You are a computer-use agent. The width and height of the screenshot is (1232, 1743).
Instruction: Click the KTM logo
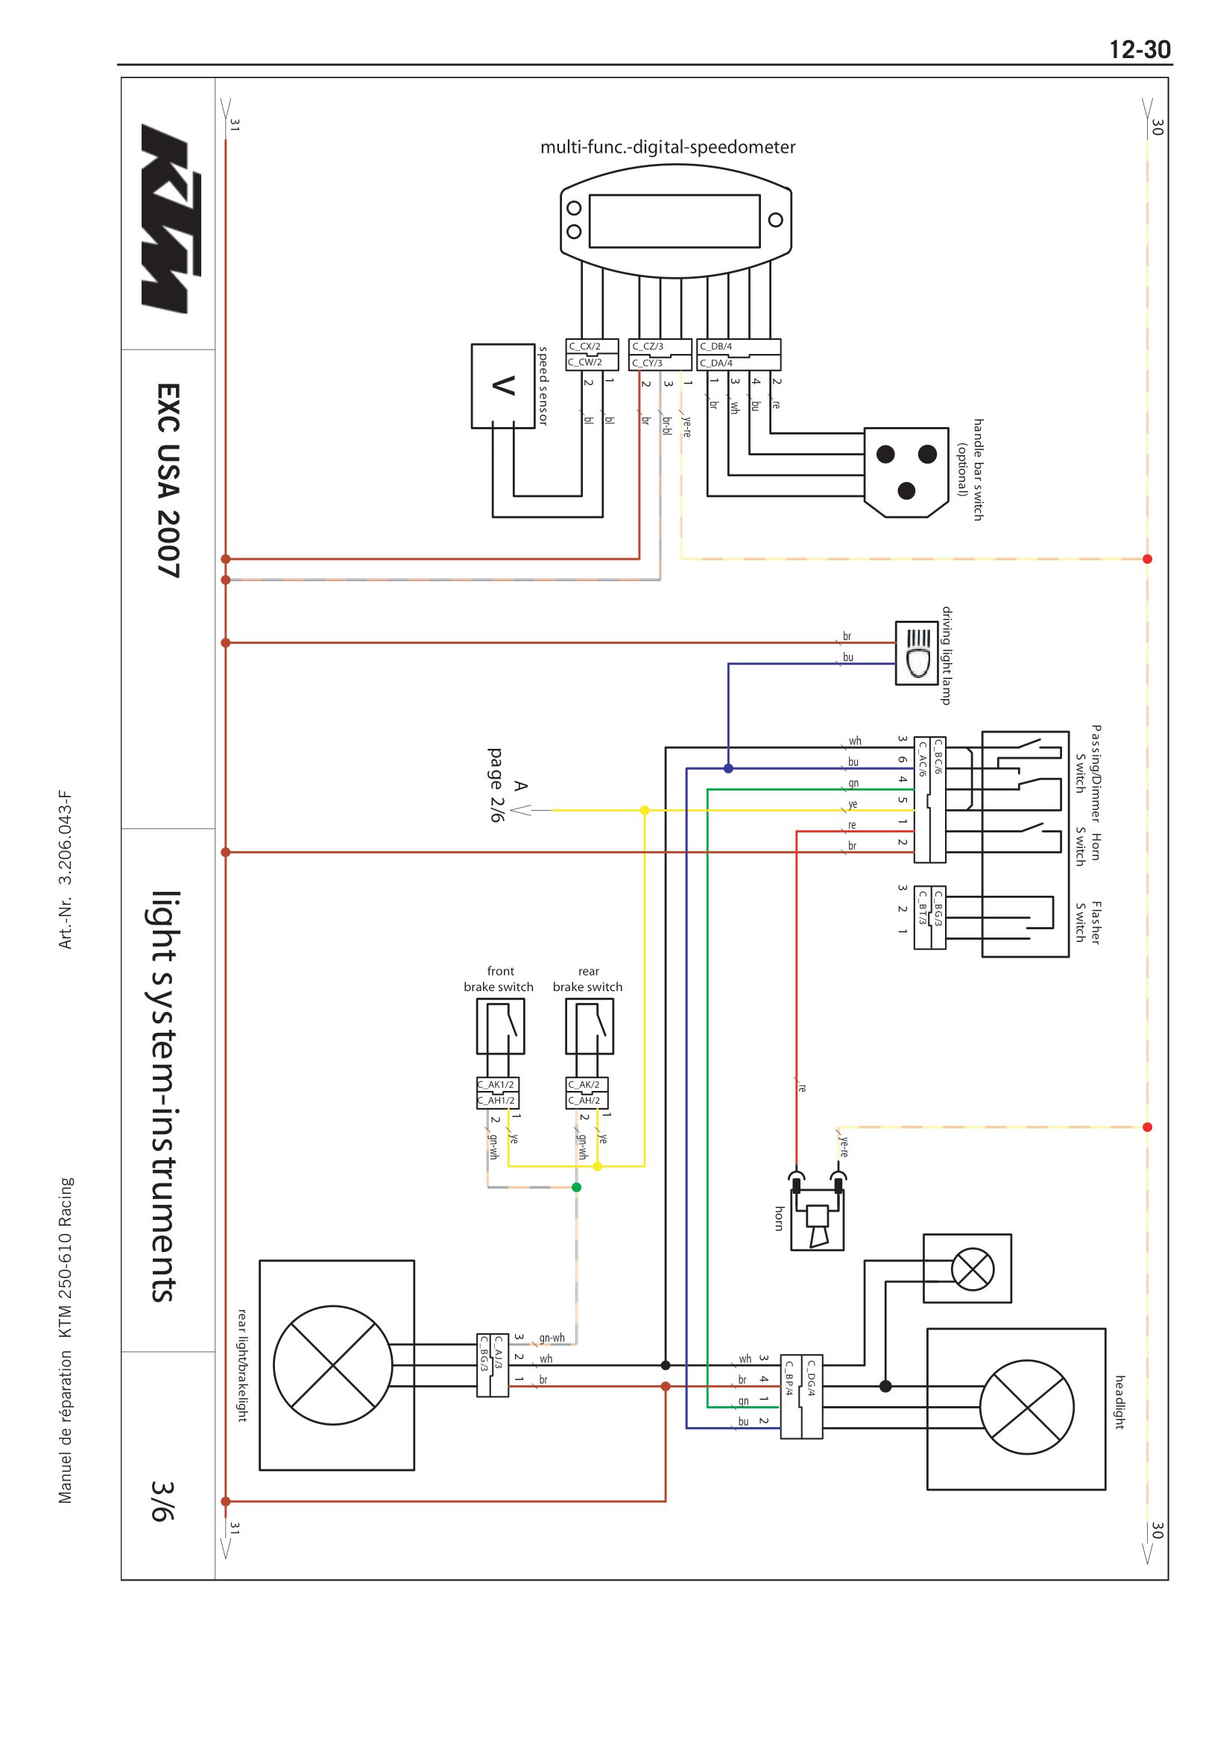tap(170, 218)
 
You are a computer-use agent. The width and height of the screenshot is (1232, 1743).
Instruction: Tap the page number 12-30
tap(1140, 50)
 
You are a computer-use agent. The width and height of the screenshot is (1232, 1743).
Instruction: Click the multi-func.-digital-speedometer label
tap(667, 147)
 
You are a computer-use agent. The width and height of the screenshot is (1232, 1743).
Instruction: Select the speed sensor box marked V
tap(502, 386)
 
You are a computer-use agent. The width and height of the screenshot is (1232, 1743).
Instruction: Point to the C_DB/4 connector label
tap(715, 347)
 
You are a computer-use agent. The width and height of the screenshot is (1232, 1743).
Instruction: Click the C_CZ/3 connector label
tap(648, 347)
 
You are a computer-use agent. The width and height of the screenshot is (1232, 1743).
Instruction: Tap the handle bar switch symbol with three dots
tap(906, 472)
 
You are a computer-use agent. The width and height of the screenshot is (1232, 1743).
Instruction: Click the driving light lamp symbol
tap(916, 654)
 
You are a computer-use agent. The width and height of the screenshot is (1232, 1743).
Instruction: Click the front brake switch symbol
tap(500, 1026)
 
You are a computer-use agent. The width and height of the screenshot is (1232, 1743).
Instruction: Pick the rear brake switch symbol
tap(589, 1026)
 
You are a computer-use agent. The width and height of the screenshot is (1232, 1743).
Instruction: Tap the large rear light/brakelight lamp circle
tap(332, 1366)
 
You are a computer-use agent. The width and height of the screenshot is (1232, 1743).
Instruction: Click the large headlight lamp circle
tap(1027, 1407)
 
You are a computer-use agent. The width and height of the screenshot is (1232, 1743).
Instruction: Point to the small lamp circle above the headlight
tap(973, 1269)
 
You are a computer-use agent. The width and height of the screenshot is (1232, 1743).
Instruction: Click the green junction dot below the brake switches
tap(576, 1187)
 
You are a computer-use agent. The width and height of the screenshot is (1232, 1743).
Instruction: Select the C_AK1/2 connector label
tap(496, 1085)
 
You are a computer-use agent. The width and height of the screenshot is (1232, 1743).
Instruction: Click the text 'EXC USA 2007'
tap(168, 480)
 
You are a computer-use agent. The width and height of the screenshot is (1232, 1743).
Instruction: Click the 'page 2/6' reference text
tap(496, 785)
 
